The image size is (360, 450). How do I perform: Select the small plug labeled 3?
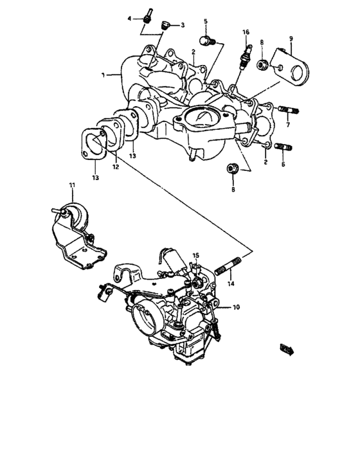pos(165,26)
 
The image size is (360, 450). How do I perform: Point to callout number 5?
pos(206,22)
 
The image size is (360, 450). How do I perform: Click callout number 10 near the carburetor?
pos(236,308)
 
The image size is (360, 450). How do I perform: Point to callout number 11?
pos(72,186)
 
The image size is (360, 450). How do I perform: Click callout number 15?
pos(196,255)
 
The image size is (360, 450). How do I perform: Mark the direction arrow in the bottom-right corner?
pos(286,349)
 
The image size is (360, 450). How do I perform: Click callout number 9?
pos(291,39)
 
